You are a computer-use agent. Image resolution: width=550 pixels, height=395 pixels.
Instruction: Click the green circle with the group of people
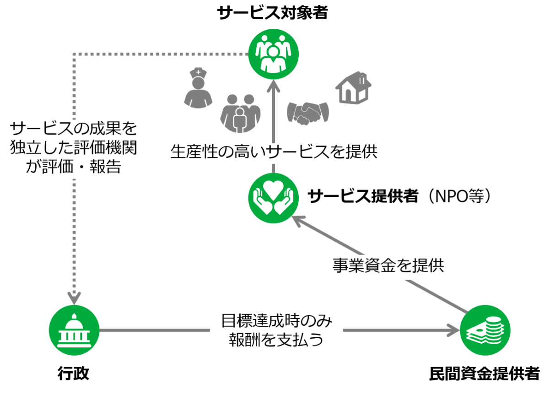point(273,54)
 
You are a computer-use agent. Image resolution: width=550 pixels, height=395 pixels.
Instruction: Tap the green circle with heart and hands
point(273,198)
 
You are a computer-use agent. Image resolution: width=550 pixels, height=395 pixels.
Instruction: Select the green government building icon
point(74,330)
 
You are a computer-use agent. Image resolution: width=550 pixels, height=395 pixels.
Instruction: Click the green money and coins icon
point(485,330)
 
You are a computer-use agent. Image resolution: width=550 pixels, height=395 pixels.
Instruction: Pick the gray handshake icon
point(308,113)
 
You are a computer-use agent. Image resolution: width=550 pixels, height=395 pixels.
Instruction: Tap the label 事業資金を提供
point(388,266)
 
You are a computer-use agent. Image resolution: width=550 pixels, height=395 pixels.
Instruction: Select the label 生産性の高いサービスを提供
point(274,152)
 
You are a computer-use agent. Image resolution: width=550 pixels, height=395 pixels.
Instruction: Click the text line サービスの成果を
point(73,128)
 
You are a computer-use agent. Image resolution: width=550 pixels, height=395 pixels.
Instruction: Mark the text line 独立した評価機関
point(73,147)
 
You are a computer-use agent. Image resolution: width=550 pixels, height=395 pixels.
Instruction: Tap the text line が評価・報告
point(73,167)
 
